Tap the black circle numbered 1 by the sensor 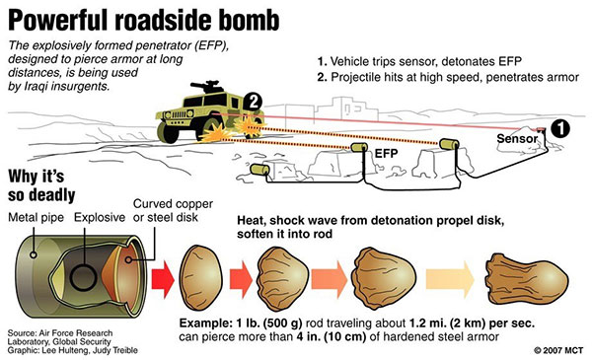tap(559, 127)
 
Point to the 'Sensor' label tap(516, 141)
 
